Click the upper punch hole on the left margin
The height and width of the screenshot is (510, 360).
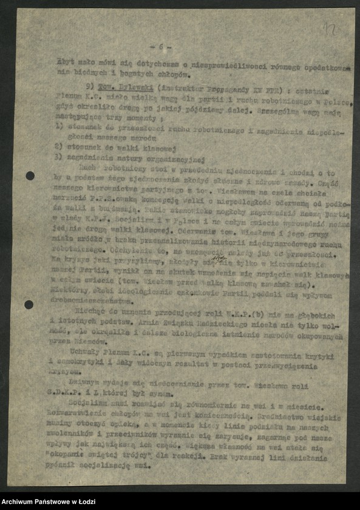[x=30, y=176]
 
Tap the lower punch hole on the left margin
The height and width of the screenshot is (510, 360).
[x=29, y=304]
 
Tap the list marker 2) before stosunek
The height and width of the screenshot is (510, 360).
[x=59, y=147]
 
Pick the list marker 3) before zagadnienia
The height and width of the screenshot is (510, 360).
[x=59, y=156]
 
